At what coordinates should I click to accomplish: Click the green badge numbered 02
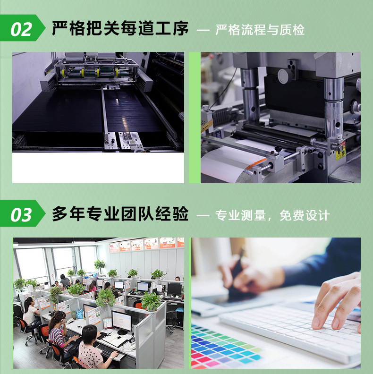point(22,29)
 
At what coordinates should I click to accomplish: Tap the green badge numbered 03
point(22,215)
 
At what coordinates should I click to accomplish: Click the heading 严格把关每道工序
point(120,29)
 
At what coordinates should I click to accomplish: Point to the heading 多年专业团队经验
point(120,215)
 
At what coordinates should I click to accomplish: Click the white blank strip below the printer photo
point(98,167)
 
